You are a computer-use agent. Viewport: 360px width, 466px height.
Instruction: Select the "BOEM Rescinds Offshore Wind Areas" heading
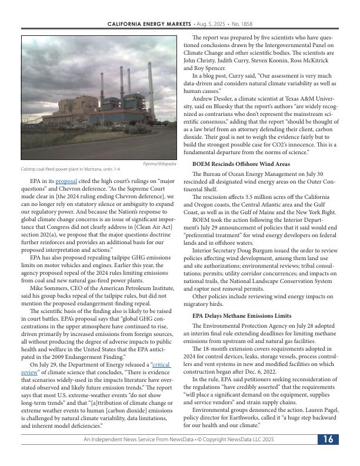click(241, 163)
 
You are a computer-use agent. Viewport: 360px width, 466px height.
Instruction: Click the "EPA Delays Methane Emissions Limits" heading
click(242, 316)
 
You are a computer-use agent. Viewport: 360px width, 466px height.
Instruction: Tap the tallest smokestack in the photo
click(150, 82)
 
